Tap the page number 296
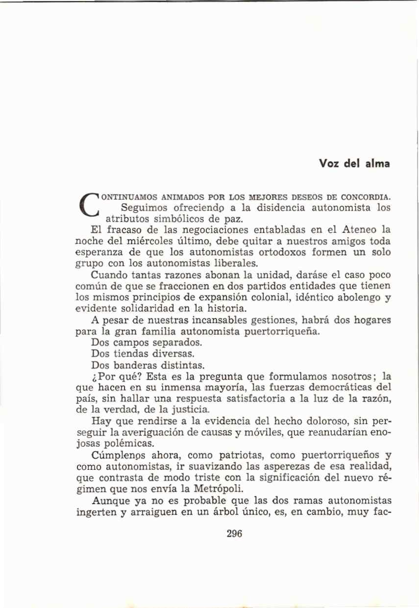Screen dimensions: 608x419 click(235, 534)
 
